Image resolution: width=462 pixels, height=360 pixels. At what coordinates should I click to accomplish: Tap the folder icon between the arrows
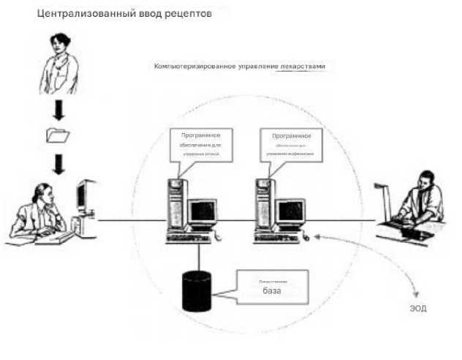[58, 135]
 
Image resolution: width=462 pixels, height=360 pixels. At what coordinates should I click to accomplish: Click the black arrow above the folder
[58, 110]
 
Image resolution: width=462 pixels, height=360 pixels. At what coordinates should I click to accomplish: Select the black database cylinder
[197, 292]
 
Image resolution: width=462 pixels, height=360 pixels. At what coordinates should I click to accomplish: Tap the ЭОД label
[418, 309]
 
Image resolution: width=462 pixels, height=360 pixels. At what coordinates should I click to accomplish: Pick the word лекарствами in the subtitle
[303, 66]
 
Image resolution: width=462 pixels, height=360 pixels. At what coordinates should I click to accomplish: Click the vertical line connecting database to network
[197, 256]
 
